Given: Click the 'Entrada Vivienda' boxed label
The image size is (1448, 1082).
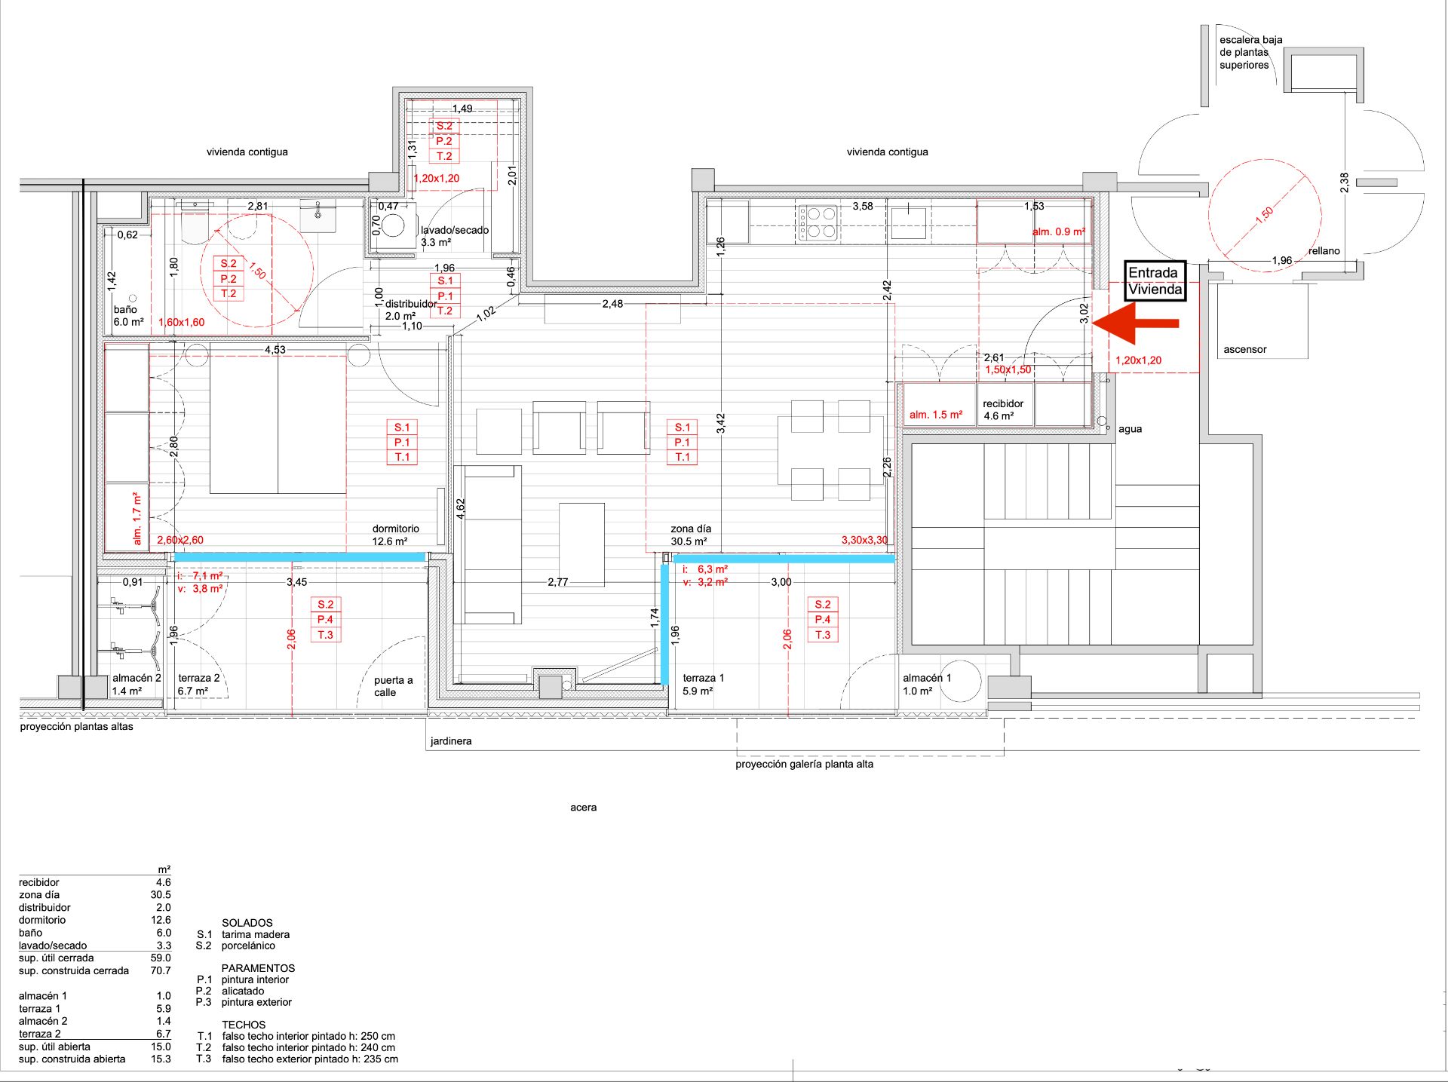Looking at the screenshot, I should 1155,281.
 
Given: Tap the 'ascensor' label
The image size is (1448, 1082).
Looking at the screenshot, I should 1244,350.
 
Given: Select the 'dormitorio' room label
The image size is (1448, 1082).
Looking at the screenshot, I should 395,529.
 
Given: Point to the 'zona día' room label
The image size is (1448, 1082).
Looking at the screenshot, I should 691,529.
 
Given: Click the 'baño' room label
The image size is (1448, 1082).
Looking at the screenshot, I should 125,310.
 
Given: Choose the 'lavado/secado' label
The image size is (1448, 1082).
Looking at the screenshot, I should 454,231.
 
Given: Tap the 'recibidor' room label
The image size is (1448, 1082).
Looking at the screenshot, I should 1002,404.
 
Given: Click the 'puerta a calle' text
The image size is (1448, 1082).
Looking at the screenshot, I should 393,686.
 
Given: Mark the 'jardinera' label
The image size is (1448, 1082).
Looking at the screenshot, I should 451,742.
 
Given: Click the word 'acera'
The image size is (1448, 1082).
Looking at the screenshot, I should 583,808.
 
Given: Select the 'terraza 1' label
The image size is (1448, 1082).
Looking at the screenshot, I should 703,679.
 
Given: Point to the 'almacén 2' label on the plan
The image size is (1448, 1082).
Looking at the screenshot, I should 137,679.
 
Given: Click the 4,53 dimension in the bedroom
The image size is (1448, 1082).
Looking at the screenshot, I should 275,350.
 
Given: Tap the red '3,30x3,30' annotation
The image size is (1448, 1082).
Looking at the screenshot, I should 864,541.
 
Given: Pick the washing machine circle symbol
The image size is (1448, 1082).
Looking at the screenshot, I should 394,225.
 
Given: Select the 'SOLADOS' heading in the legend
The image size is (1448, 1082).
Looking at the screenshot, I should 247,923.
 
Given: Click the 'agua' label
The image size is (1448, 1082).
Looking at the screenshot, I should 1130,429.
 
